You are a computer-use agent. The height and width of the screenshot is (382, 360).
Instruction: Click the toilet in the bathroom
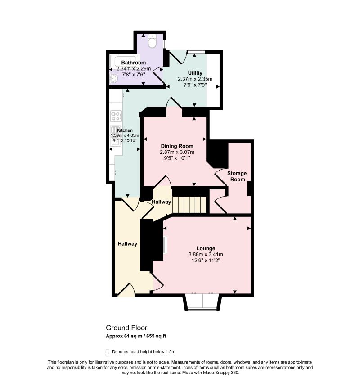click(x=152, y=41)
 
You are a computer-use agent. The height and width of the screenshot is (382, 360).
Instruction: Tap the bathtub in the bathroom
click(x=125, y=61)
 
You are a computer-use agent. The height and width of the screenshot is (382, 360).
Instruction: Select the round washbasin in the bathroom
click(x=113, y=78)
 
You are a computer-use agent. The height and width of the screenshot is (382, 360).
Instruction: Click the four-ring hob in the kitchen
click(x=116, y=116)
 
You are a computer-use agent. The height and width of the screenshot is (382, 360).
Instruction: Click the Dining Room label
click(x=177, y=146)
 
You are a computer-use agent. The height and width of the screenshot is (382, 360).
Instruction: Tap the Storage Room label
click(x=237, y=176)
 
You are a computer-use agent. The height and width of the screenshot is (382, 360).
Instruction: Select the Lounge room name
click(x=206, y=248)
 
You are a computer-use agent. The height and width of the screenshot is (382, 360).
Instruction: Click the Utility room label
click(x=195, y=73)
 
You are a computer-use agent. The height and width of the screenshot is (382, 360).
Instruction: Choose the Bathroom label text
click(x=134, y=63)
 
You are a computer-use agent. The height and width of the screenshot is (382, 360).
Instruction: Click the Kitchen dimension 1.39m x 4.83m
click(x=125, y=135)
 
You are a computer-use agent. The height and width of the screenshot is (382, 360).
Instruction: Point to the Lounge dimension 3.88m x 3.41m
click(x=206, y=254)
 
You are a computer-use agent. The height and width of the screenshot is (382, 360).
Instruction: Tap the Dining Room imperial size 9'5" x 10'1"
click(x=177, y=158)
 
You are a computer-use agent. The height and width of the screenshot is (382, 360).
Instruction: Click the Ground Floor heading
click(x=126, y=328)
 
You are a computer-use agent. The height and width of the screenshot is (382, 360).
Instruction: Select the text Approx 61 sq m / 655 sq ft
click(x=136, y=336)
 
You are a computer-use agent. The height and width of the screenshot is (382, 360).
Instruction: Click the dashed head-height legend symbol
click(x=107, y=352)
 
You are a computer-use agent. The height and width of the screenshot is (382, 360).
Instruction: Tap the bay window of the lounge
click(x=202, y=303)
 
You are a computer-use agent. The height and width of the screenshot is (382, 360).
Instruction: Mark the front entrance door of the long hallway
click(x=126, y=290)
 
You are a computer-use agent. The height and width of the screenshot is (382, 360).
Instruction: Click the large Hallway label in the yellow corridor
click(x=127, y=243)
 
